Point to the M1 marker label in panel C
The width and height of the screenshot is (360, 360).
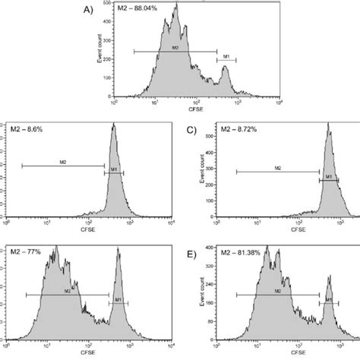coord(329,176)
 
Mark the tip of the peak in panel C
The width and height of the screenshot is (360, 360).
coord(329,126)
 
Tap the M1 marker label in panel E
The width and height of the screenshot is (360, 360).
coord(329,301)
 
